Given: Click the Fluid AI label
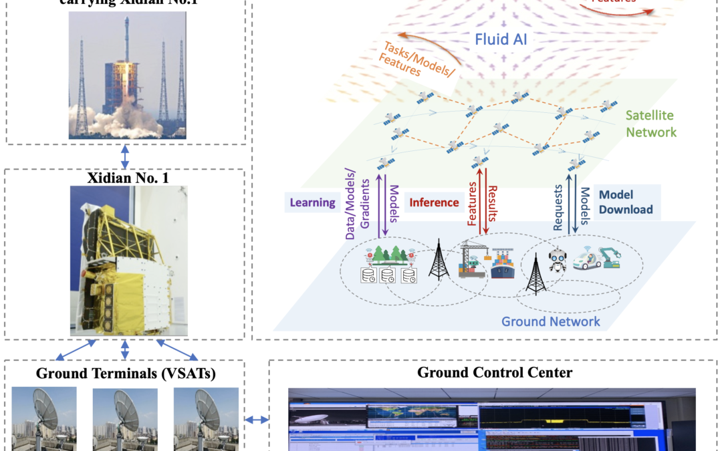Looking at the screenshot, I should pos(501,39).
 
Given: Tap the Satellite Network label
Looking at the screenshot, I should pos(650,124).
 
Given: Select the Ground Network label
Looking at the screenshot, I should pos(550,322).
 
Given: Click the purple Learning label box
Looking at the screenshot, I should pos(313,202).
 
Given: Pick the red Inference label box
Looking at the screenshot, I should pos(434,202).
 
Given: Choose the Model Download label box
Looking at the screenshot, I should pos(625,202).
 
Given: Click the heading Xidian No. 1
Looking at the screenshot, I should pos(124,178).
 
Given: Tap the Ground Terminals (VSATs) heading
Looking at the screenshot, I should pos(124,373).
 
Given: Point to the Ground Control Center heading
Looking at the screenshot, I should pos(494,372).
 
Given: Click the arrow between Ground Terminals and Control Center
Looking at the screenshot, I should pos(256,420).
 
